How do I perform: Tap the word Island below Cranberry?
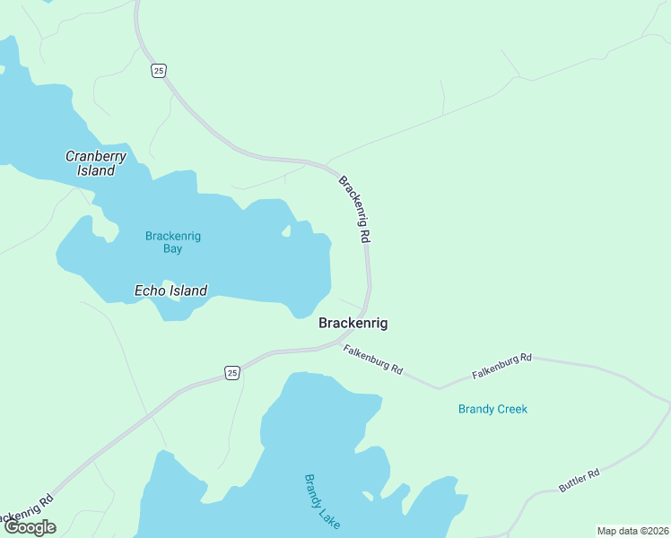click(x=96, y=170)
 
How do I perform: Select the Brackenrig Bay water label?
click(x=173, y=242)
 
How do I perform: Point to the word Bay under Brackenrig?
click(x=173, y=248)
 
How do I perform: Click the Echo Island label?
click(x=170, y=291)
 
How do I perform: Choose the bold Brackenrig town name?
click(x=353, y=323)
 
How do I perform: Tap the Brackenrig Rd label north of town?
click(x=355, y=209)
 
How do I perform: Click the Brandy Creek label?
click(x=492, y=409)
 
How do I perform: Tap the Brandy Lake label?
click(x=322, y=501)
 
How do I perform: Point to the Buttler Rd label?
click(x=579, y=480)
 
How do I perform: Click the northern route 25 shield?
click(x=159, y=71)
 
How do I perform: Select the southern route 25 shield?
click(x=231, y=373)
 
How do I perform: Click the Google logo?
click(x=30, y=527)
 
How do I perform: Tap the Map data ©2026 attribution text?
click(x=632, y=531)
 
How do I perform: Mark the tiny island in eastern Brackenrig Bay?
click(x=286, y=232)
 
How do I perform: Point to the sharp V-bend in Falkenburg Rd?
click(x=439, y=388)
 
